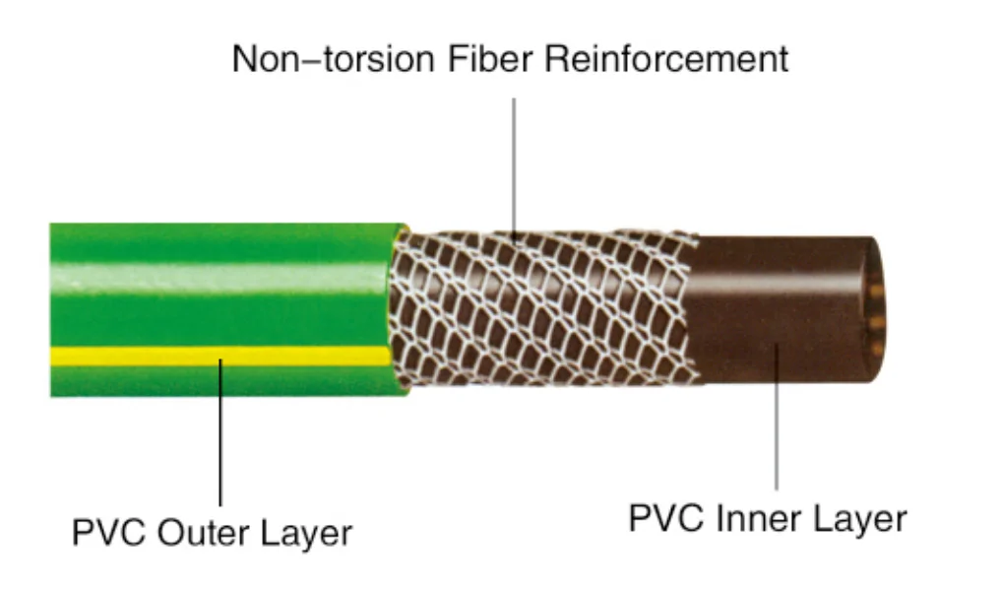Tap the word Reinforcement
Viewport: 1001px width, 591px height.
point(666,59)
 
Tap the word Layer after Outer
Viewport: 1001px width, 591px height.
point(305,534)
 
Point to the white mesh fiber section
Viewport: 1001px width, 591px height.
point(541,305)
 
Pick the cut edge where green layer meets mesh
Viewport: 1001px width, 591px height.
point(399,305)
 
